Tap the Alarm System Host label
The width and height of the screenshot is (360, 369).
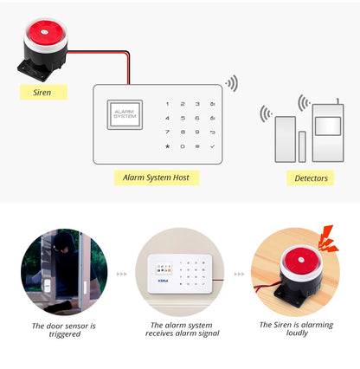pyautogui.click(x=157, y=178)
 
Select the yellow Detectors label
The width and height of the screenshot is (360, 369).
pyautogui.click(x=311, y=178)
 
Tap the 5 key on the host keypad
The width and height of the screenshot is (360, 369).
pyautogui.click(x=182, y=117)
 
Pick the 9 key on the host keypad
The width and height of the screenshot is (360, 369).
pyautogui.click(x=197, y=132)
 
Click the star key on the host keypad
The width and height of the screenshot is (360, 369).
pyautogui.click(x=167, y=146)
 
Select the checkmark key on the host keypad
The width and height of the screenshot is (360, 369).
pyautogui.click(x=213, y=146)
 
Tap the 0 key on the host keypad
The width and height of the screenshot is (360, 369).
pyautogui.click(x=182, y=146)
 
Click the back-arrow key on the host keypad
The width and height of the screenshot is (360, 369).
pyautogui.click(x=213, y=132)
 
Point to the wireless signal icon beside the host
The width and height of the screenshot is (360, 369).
pyautogui.click(x=231, y=84)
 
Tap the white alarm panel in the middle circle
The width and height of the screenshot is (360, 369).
pyautogui.click(x=177, y=273)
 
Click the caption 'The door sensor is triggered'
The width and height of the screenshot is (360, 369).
pyautogui.click(x=63, y=330)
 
